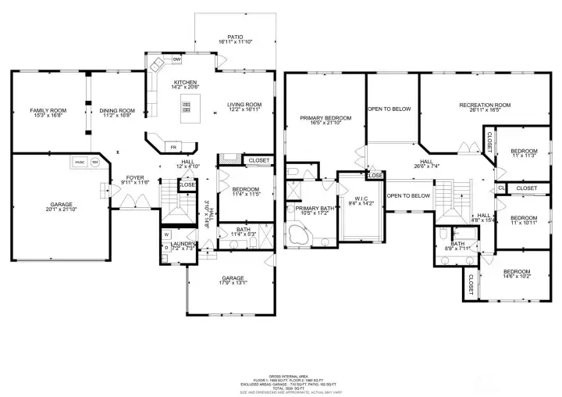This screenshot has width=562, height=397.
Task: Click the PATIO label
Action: point(235,36)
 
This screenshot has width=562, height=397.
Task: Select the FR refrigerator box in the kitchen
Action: point(174,146)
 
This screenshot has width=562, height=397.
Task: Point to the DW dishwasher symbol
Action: point(177,59)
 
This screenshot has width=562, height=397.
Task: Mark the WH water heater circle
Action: point(96,163)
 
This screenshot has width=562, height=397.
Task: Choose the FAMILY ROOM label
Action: point(48,110)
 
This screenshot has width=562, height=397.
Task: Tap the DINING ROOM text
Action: point(117,110)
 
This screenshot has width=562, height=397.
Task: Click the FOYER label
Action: point(136,178)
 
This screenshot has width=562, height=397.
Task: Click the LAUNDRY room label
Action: point(182,245)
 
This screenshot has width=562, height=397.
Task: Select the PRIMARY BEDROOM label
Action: point(325,118)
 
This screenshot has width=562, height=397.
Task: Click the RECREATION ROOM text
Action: point(484,105)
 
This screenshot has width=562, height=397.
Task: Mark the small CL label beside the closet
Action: point(501,188)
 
